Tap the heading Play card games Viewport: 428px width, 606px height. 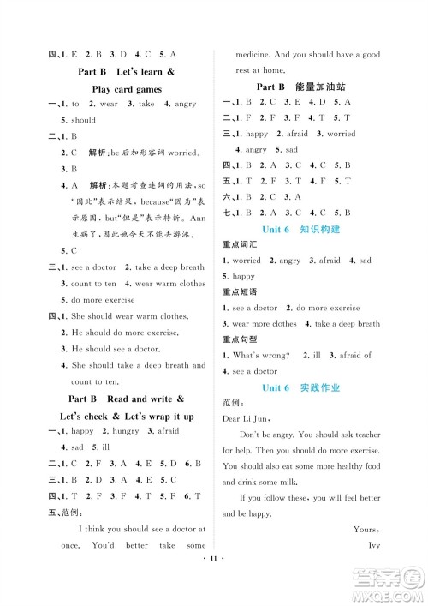click(x=125, y=88)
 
